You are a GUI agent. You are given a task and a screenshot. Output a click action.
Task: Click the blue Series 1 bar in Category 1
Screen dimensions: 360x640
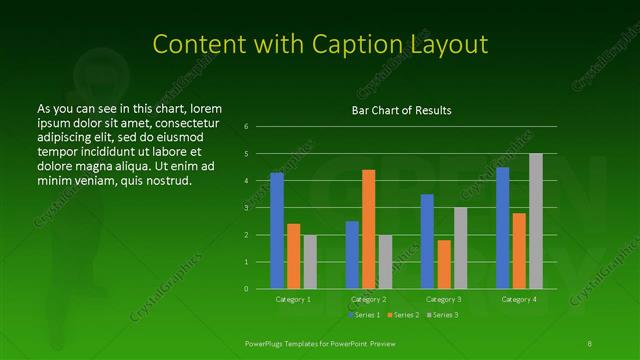click(x=277, y=231)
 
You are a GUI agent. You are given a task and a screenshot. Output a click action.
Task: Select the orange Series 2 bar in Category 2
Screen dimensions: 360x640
click(x=368, y=229)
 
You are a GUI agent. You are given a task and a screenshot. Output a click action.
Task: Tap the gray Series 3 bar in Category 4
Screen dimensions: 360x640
click(x=535, y=221)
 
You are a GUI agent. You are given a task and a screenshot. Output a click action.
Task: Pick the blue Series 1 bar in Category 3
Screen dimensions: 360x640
click(x=427, y=241)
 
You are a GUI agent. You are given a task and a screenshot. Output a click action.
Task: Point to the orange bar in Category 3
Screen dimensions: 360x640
click(x=444, y=264)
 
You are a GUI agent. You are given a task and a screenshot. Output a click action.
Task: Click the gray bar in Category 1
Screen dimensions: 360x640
click(x=309, y=261)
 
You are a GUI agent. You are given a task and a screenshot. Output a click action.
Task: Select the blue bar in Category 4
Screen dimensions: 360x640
click(x=502, y=228)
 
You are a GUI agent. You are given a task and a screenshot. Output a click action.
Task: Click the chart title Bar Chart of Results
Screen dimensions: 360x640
click(x=400, y=110)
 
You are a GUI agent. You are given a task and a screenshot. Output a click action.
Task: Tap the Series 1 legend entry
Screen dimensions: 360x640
click(x=365, y=315)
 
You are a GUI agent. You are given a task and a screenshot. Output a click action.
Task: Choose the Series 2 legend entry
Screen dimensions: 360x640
click(x=403, y=315)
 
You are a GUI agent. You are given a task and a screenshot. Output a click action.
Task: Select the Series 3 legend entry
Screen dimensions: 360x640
click(x=442, y=315)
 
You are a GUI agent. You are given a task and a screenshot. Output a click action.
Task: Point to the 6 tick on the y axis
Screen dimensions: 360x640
click(x=245, y=127)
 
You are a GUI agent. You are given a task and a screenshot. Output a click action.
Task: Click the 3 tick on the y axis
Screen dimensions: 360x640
click(x=245, y=208)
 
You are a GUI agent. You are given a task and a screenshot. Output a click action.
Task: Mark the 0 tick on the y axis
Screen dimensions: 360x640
click(x=245, y=289)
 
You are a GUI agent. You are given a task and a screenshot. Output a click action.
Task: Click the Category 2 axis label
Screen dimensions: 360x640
click(x=368, y=299)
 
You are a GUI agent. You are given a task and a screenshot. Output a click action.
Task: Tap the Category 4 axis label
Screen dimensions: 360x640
click(x=518, y=299)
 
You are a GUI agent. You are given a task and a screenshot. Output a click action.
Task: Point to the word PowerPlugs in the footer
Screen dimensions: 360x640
click(x=267, y=342)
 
